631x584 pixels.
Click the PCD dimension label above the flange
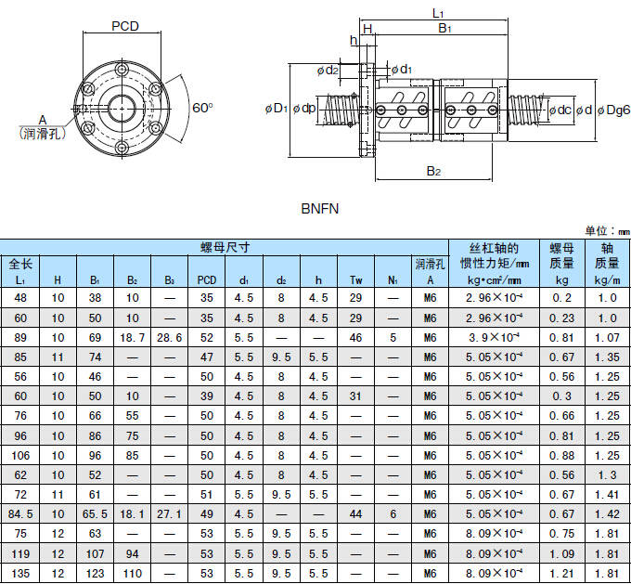point(125,26)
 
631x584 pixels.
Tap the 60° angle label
point(202,108)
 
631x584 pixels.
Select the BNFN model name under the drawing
point(320,209)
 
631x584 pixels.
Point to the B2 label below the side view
point(433,171)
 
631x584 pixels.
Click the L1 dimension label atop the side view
point(439,12)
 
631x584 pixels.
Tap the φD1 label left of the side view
point(276,109)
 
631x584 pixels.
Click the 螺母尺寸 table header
point(225,247)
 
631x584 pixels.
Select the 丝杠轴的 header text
point(494,248)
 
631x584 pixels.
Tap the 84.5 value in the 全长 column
point(20,513)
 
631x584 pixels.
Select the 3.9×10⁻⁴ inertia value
point(494,337)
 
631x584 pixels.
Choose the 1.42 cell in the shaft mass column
point(608,513)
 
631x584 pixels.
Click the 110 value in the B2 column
point(133,573)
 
